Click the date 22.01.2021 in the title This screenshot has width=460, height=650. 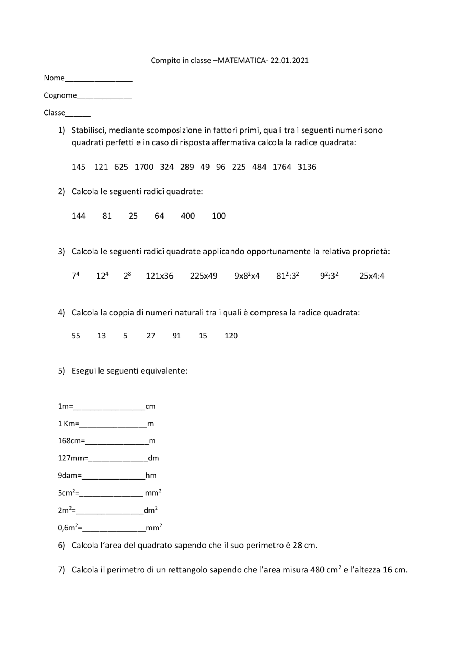289,60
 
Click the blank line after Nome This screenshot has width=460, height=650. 98,80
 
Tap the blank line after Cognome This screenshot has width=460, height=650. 104,98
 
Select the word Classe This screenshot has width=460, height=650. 54,113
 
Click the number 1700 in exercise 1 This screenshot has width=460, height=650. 144,167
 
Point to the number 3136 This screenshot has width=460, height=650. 307,167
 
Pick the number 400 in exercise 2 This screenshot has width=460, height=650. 188,216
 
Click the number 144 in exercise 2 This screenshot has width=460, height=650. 78,216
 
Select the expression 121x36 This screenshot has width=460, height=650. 159,276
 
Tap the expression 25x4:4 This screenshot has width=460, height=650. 372,276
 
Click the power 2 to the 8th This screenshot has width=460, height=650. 127,276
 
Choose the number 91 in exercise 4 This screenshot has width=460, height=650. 176,336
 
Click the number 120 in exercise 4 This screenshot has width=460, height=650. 231,336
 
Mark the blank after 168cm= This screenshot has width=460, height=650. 117,443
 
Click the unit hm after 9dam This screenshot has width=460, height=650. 151,476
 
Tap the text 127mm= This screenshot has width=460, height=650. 73,458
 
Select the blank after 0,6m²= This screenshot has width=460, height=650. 114,530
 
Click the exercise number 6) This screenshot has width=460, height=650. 61,546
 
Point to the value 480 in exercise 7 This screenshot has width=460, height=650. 317,570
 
